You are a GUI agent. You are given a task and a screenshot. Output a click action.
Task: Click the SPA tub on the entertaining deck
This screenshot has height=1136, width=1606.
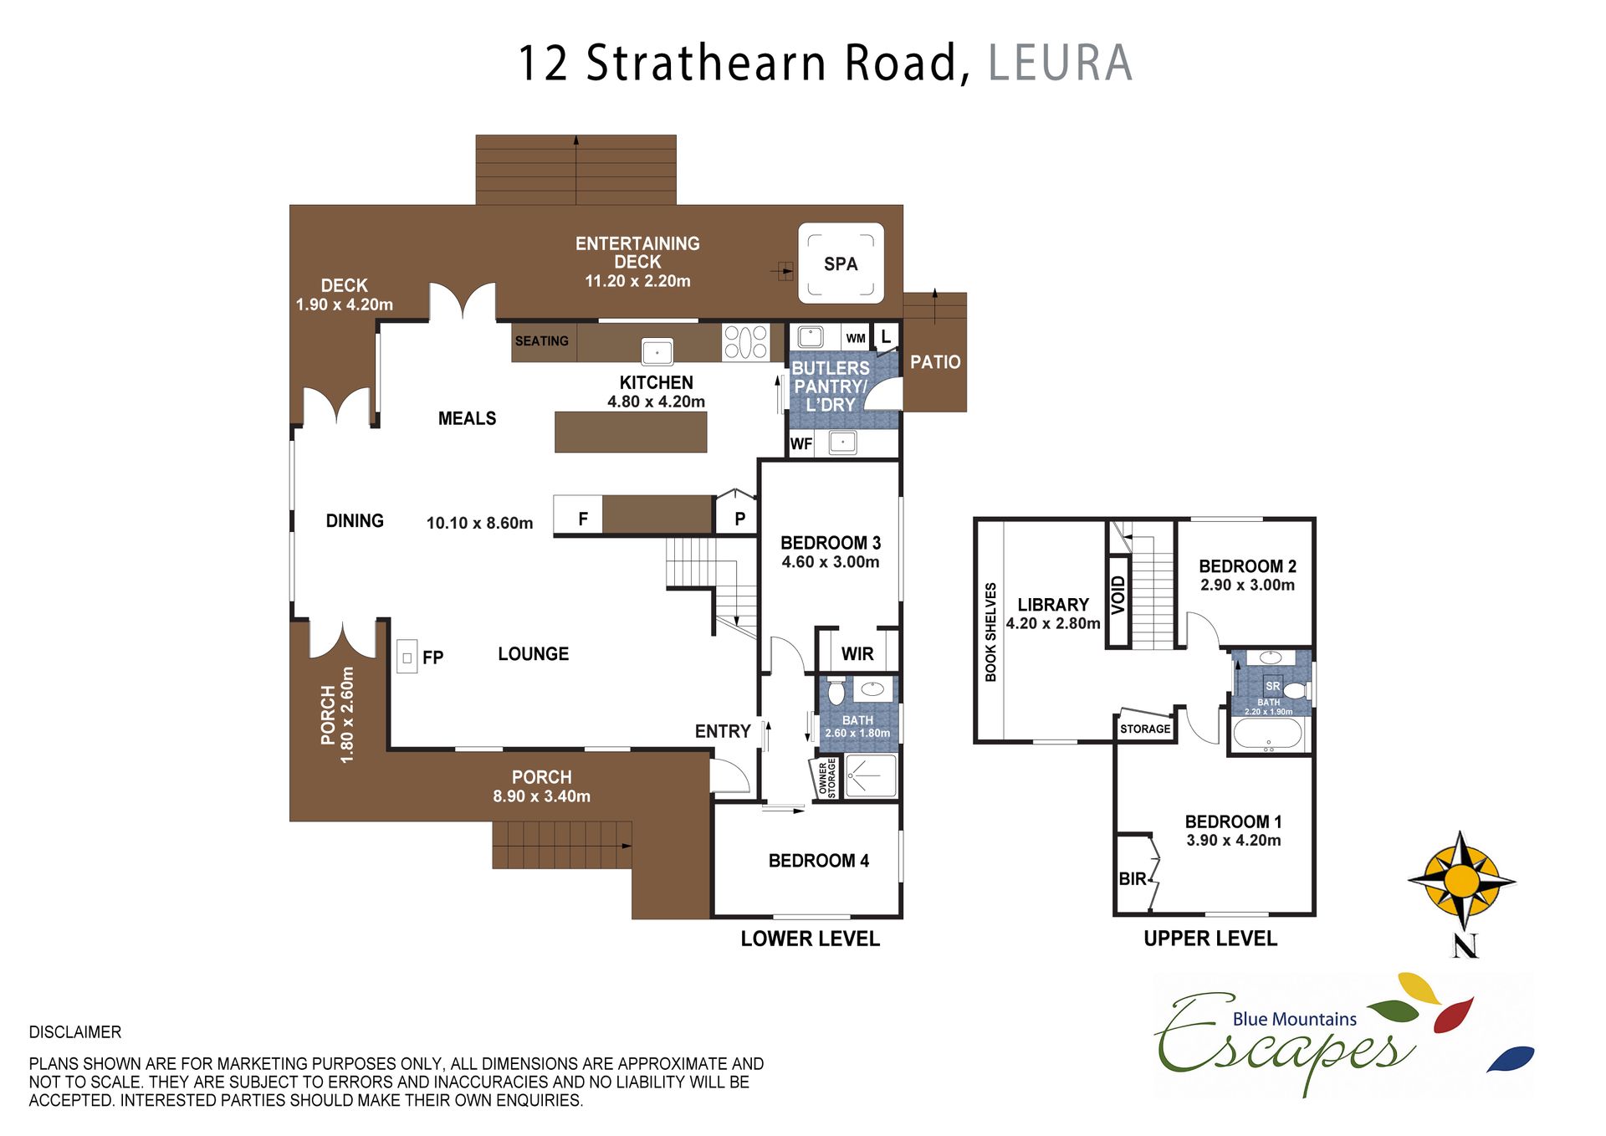tap(841, 264)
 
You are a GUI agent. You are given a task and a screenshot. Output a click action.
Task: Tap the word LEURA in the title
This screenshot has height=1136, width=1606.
tap(1061, 63)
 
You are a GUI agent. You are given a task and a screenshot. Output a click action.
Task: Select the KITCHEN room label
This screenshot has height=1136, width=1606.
tap(656, 382)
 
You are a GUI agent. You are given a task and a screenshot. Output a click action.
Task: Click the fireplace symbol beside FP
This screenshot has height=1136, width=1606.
tap(407, 658)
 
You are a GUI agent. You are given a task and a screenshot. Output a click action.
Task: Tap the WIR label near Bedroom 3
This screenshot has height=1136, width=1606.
tap(857, 653)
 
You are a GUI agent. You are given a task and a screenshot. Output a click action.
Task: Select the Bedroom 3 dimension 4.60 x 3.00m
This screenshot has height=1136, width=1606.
tap(831, 562)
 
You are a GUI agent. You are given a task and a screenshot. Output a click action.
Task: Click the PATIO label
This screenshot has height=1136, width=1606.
tap(935, 362)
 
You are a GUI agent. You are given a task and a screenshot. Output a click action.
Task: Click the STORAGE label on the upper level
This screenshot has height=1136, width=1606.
tap(1145, 729)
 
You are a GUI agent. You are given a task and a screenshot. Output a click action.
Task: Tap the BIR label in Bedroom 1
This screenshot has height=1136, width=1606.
tap(1133, 878)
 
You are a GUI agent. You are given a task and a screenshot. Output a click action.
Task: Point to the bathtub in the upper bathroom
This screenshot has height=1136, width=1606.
tap(1267, 734)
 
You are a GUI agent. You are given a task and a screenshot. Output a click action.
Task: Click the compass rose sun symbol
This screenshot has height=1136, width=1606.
tap(1461, 880)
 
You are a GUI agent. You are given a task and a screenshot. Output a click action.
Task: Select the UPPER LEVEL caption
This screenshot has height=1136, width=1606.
tap(1210, 939)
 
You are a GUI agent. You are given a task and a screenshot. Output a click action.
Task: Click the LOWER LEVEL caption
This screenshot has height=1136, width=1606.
tap(810, 939)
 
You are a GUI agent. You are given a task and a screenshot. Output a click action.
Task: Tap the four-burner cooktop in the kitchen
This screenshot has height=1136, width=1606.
tap(745, 342)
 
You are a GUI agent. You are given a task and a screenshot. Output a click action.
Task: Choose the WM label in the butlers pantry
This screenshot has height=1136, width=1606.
tap(855, 338)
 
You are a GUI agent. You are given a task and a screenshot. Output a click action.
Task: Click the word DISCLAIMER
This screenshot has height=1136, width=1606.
tap(75, 1032)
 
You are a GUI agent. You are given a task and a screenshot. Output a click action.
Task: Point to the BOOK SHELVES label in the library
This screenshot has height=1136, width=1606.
tap(990, 632)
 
